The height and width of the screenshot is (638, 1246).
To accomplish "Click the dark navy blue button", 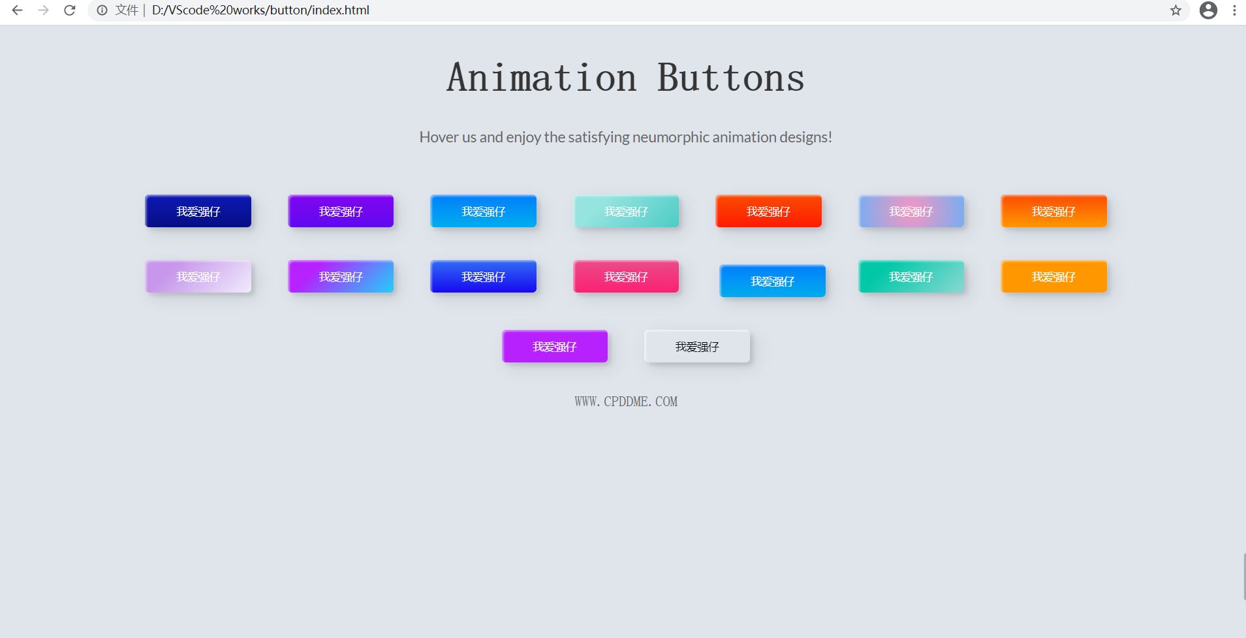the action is pos(198,211).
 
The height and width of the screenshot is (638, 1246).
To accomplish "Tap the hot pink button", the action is pos(626,276).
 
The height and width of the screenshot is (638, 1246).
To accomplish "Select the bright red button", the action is pos(768,211).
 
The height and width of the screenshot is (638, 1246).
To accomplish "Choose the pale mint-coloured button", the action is pos(626,211).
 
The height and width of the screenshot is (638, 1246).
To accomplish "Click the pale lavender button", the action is pos(198,276).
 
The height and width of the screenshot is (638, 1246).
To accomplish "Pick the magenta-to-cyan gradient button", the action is pos(341,276).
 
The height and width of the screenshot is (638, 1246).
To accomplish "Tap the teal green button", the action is pos(911,276).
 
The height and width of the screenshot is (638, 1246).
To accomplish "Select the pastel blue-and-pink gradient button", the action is pos(911,211).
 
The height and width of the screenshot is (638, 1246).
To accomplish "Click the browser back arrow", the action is pos(18,10).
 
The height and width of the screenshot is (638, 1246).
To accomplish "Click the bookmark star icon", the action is pos(1176,10).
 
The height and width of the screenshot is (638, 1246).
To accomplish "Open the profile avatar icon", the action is pos(1208,10).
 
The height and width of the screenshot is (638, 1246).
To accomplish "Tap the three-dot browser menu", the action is pos(1234,10).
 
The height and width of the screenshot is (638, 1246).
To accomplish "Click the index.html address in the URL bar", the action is pos(260,10).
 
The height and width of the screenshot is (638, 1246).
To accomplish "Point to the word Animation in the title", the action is pos(542,78).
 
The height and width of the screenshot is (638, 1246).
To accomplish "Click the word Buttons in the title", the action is pos(731,78).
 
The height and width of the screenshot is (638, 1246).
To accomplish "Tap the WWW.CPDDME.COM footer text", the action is pos(626,402).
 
